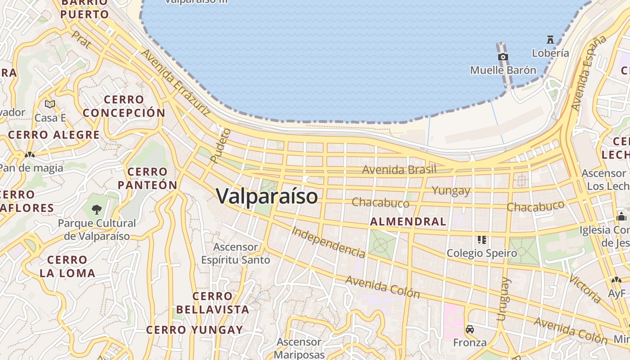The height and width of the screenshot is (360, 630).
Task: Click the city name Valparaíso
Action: [267, 197]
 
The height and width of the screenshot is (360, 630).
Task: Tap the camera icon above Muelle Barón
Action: [503, 57]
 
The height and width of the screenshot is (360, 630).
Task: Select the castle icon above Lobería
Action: [550, 39]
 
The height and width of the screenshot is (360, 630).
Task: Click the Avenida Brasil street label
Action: [399, 170]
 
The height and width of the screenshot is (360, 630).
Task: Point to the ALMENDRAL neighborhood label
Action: [408, 221]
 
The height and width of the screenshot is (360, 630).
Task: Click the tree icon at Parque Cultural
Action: [96, 209]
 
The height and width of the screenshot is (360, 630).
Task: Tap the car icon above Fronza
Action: [470, 329]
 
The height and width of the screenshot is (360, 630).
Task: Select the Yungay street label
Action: [451, 191]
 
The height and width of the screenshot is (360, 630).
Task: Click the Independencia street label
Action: [328, 242]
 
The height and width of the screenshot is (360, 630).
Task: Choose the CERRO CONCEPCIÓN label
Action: [124, 106]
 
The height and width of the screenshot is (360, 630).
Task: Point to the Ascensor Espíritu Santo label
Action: [235, 253]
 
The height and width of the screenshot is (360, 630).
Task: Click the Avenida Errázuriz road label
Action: [175, 82]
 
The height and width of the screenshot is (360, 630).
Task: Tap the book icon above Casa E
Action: [50, 104]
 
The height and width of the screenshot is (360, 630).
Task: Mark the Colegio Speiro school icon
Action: [482, 239]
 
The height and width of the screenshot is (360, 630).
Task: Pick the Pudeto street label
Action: [220, 145]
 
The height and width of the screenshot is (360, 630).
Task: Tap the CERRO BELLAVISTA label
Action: [212, 303]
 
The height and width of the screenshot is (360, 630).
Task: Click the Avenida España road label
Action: [588, 73]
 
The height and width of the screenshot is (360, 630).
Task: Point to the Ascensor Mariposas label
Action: [299, 348]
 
